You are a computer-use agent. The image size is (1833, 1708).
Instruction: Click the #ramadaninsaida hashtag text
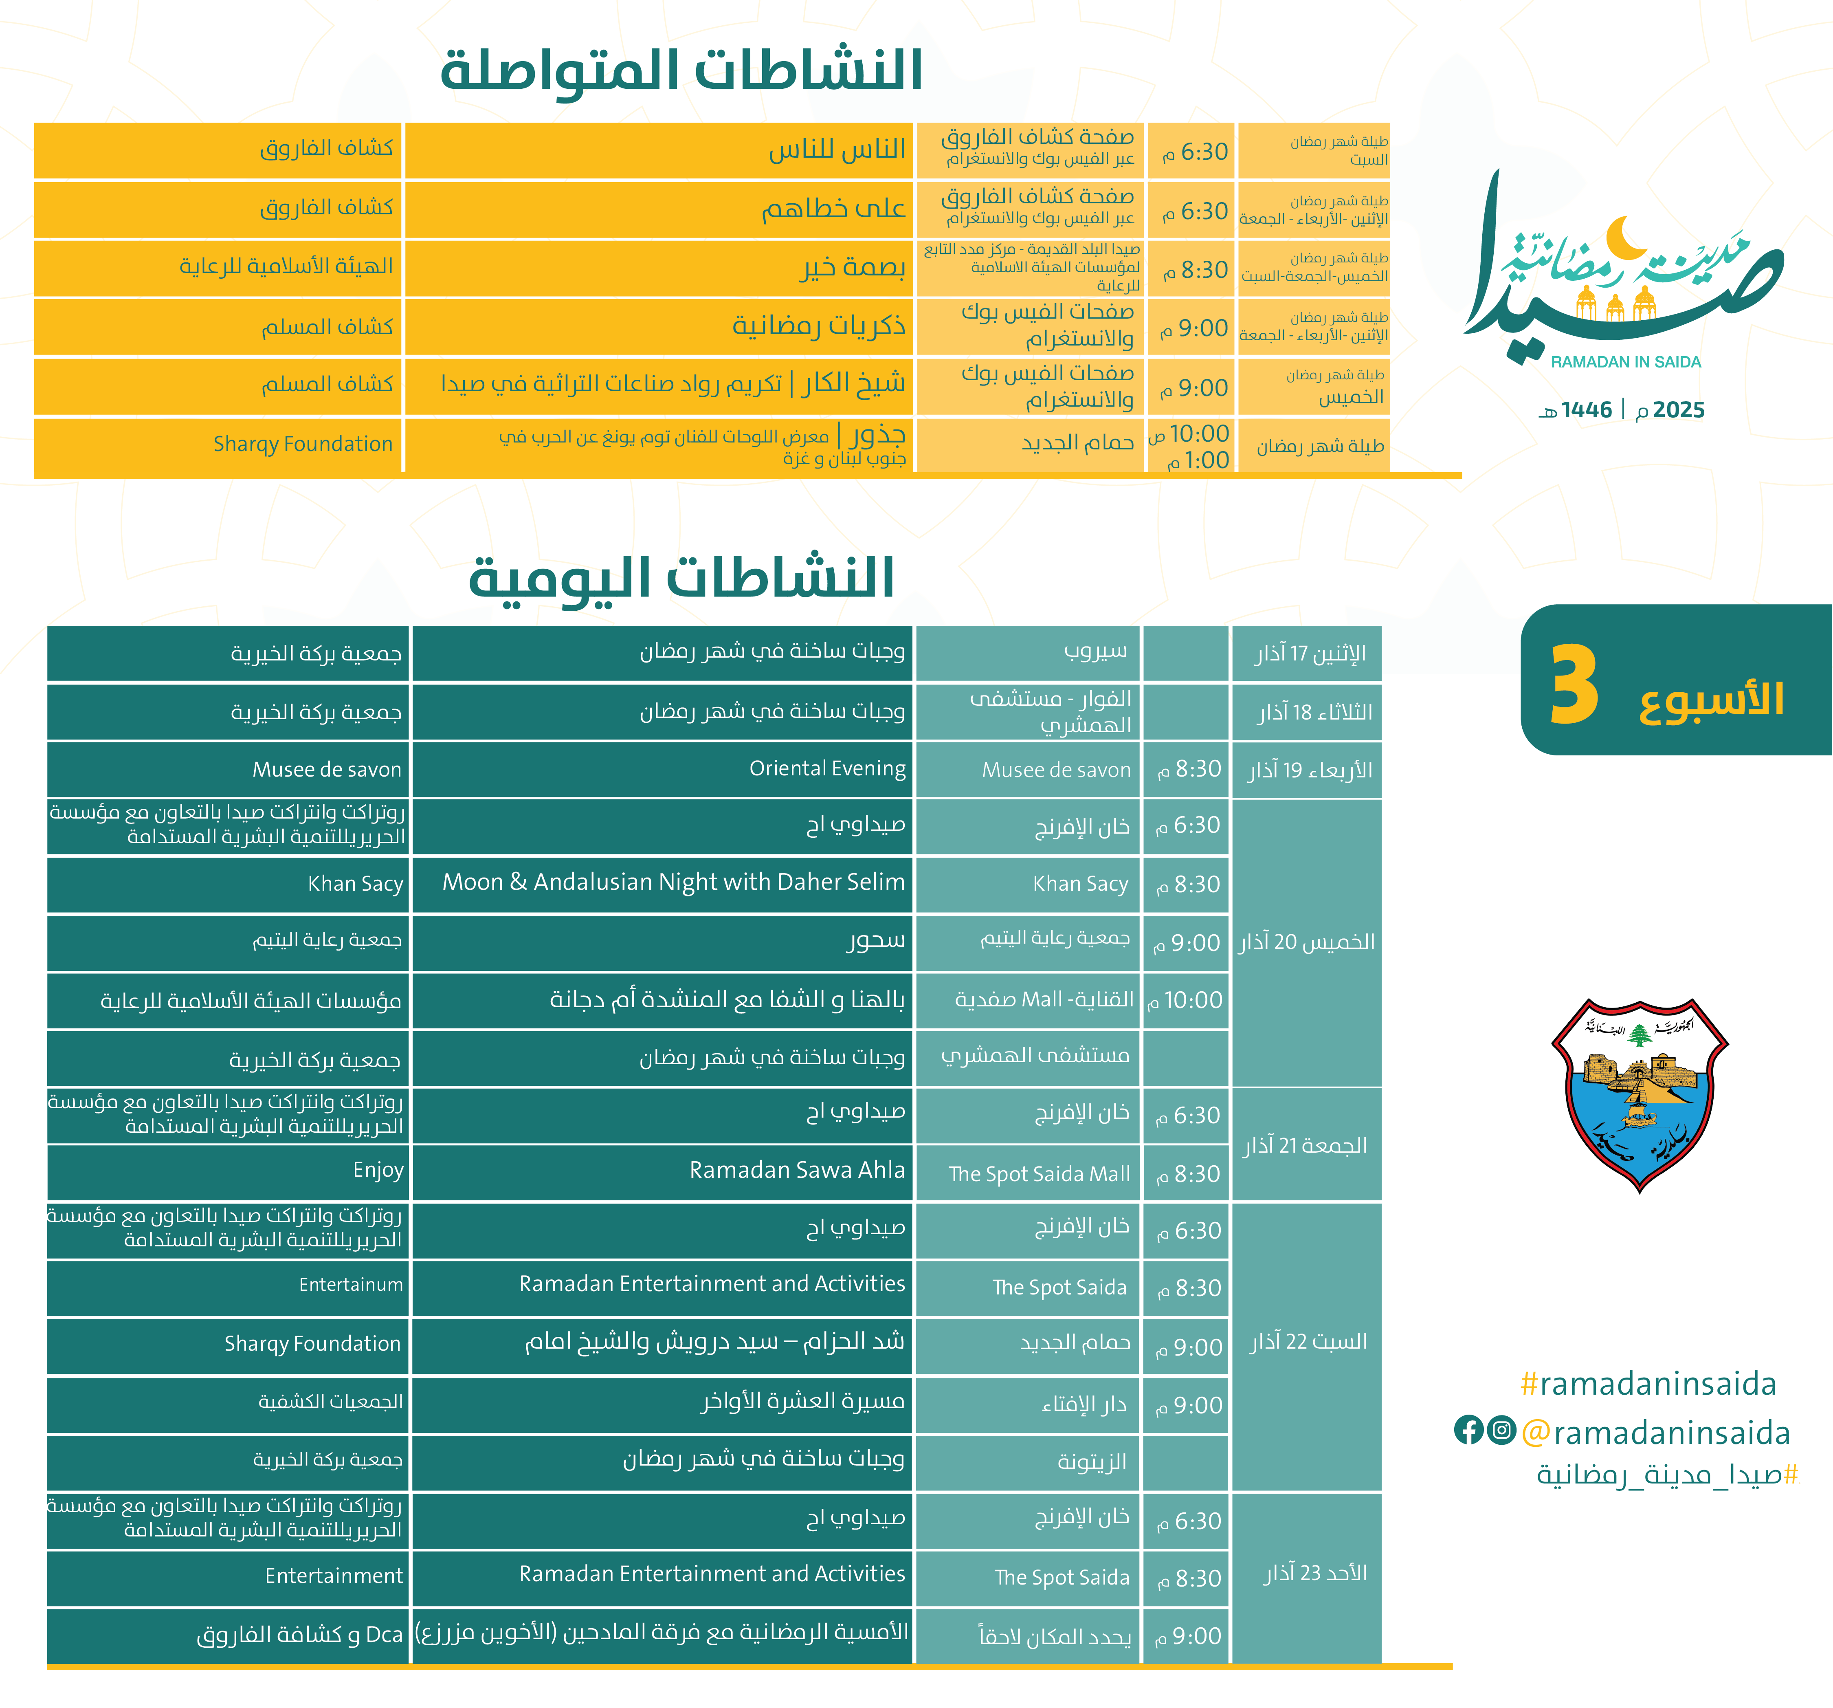tap(1648, 1383)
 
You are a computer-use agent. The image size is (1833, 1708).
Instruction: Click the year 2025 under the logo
tap(1678, 410)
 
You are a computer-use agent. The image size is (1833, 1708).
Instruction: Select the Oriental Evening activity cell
tap(827, 769)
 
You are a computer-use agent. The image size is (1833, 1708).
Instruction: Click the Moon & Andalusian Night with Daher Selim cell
tap(673, 883)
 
